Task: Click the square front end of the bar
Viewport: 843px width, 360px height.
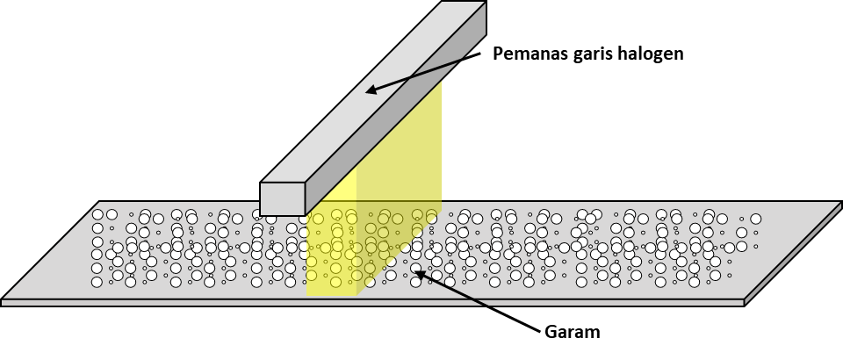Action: pyautogui.click(x=282, y=198)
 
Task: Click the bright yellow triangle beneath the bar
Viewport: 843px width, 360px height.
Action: pyautogui.click(x=341, y=186)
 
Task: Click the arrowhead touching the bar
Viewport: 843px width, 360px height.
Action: pyautogui.click(x=369, y=90)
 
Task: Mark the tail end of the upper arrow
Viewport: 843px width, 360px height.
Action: pyautogui.click(x=462, y=59)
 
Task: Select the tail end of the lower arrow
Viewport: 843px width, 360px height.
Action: pyautogui.click(x=486, y=305)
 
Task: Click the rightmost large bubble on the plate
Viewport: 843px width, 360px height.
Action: pyautogui.click(x=755, y=219)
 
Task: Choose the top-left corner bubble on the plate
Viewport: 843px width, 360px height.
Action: pyautogui.click(x=97, y=214)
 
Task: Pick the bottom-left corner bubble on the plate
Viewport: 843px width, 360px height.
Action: pyautogui.click(x=97, y=282)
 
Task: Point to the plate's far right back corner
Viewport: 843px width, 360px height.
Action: pyautogui.click(x=840, y=203)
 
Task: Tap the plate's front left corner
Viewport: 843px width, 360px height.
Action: pyautogui.click(x=3, y=300)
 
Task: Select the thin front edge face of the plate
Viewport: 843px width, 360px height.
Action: pyautogui.click(x=351, y=302)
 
